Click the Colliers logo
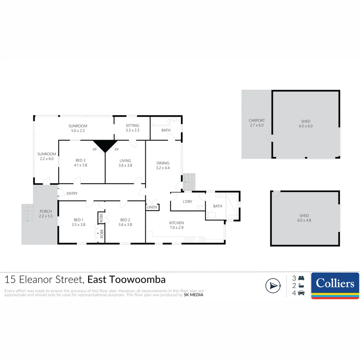tap(335, 286)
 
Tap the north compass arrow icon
tap(273, 286)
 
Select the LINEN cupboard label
tap(152, 207)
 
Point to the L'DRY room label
tap(187, 202)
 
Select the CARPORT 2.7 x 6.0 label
tap(256, 123)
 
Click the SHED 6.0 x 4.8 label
tap(304, 218)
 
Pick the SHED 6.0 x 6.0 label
tap(305, 124)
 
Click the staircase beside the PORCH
tap(28, 213)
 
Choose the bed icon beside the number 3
tap(301, 278)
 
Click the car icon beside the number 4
tap(301, 293)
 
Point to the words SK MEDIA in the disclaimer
tap(193, 295)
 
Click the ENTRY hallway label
tap(72, 193)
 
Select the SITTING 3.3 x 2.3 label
tap(132, 128)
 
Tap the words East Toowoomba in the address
tap(126, 279)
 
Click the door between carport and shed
tap(269, 138)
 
